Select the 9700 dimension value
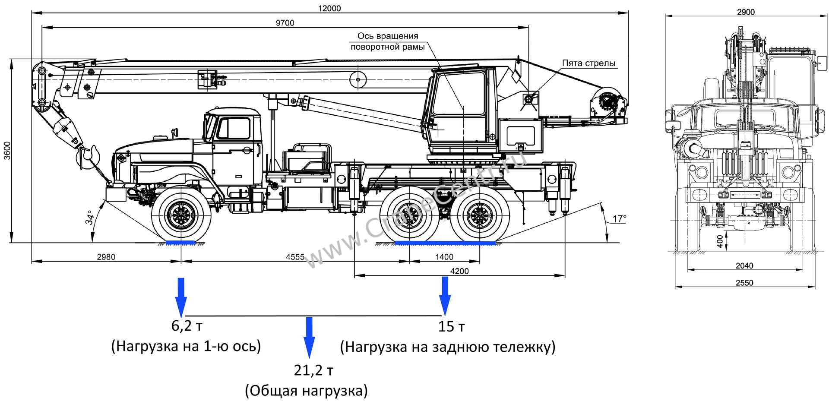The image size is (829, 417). click(x=285, y=23)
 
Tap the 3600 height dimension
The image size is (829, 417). click(x=6, y=151)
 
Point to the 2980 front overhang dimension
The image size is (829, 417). click(x=106, y=257)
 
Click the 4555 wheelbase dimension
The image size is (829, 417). click(x=295, y=257)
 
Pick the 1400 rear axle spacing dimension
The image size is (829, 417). click(x=444, y=257)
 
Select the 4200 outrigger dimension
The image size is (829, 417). click(x=459, y=271)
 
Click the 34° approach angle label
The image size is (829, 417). click(x=89, y=218)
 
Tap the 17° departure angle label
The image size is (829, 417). click(x=619, y=219)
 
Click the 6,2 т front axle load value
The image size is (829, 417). click(x=187, y=326)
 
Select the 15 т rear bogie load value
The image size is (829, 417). click(x=452, y=327)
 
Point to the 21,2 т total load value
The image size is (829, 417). click(x=314, y=370)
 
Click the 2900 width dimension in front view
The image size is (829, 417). click(x=746, y=12)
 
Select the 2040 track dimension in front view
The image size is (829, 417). click(x=744, y=266)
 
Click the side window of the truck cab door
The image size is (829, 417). click(x=234, y=129)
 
